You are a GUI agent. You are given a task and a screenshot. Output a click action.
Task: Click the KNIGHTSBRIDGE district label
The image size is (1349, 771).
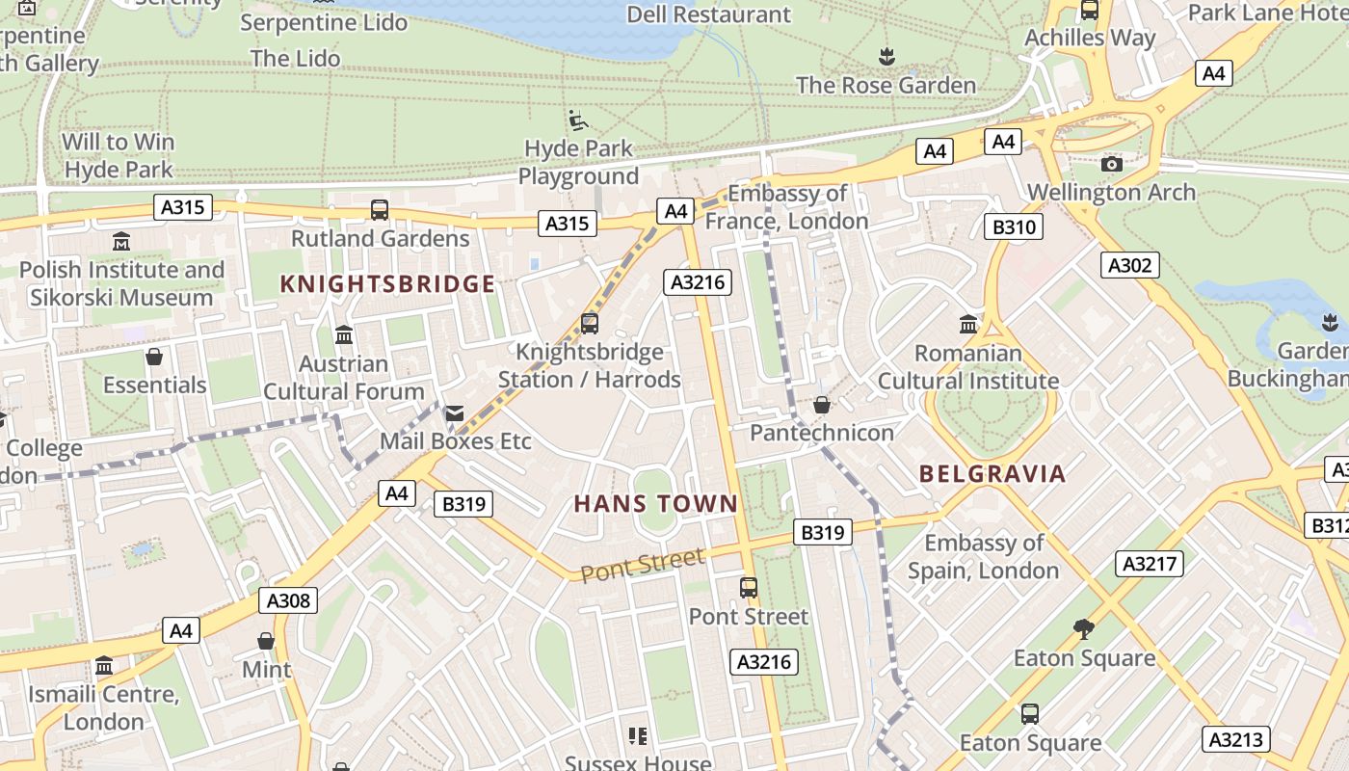tap(387, 283)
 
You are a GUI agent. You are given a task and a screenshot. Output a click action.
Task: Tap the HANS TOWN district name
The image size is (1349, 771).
tap(656, 503)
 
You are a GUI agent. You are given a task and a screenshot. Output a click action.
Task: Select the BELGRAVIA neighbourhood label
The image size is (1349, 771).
tap(992, 473)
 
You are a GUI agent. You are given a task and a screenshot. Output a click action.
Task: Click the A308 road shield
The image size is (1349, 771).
tap(288, 601)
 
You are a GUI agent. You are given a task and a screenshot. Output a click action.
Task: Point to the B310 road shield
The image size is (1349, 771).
tap(1013, 227)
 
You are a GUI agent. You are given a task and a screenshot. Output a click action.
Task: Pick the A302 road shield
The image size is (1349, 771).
tap(1129, 265)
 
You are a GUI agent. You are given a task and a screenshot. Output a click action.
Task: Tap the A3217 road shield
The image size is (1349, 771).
tap(1149, 564)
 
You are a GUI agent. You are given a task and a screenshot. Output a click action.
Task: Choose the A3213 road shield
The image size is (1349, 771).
tap(1235, 740)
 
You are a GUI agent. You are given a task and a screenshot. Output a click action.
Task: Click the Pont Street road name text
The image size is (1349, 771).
tap(642, 565)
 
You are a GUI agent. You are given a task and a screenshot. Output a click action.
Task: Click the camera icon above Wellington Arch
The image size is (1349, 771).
tap(1112, 164)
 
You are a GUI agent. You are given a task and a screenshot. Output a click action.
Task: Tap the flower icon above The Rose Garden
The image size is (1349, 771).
tap(886, 57)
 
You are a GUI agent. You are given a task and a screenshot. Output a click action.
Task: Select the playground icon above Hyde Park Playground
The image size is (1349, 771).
tap(578, 120)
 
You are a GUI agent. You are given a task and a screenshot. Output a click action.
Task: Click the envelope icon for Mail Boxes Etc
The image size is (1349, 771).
tap(454, 413)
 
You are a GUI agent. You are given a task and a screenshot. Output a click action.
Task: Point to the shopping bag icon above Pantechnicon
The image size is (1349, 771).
tap(822, 405)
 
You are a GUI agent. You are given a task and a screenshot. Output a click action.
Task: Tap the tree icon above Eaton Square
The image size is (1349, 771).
tap(1084, 629)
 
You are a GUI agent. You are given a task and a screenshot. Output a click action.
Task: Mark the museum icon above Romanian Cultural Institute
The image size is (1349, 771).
tap(968, 325)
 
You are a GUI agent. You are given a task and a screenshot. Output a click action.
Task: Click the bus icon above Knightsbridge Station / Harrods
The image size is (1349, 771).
tap(590, 324)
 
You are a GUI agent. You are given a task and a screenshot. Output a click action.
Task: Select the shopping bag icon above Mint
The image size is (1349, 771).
tap(266, 641)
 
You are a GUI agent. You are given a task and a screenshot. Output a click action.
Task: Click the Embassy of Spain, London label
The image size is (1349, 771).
tap(984, 557)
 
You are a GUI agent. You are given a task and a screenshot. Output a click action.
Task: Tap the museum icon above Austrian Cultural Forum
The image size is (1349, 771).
tap(344, 335)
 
